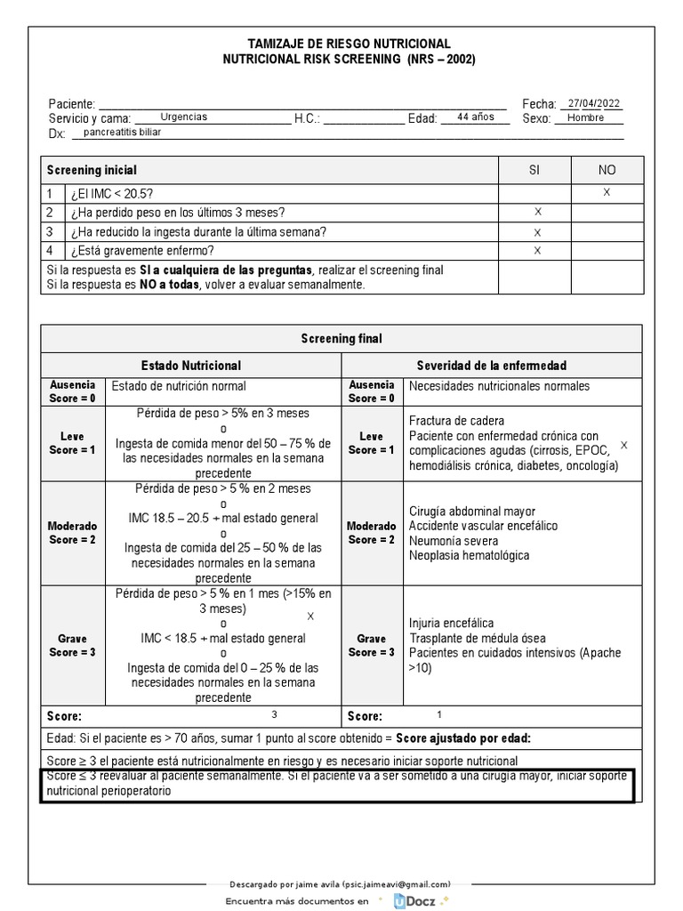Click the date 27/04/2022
coord(595,102)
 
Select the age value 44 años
coord(475,117)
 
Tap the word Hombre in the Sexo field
coord(585,117)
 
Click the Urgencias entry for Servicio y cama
coord(184,117)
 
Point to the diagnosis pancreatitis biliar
coord(123,132)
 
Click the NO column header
coord(607,170)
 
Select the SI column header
coord(534,170)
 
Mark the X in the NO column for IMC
coord(607,193)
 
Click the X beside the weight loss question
coord(537,213)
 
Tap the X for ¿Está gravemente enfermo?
coord(537,251)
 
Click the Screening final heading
coord(341,339)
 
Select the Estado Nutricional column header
coord(191,366)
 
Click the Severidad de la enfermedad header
coord(492,366)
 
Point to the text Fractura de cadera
coord(457,420)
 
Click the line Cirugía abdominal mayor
coord(472,511)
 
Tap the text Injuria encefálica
coord(452,623)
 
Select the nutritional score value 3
coord(275,714)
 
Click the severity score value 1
coord(438,714)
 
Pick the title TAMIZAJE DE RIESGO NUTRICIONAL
coord(349,44)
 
